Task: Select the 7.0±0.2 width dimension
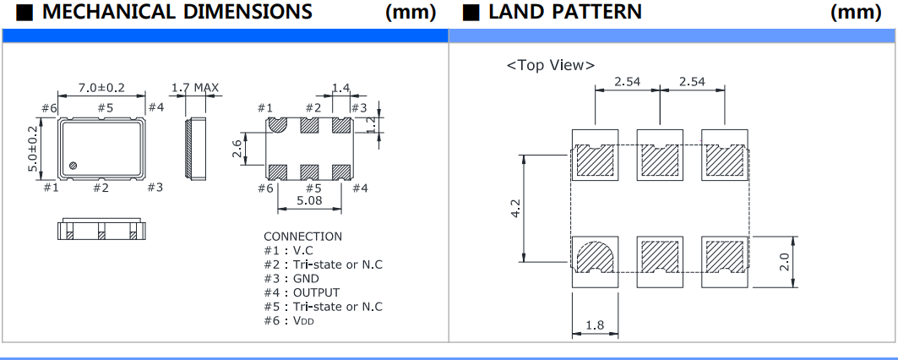click(x=101, y=88)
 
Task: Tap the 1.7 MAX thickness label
click(x=195, y=88)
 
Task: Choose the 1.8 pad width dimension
click(x=595, y=325)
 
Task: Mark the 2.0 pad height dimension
click(x=783, y=263)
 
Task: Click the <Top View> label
click(x=550, y=66)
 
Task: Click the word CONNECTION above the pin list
click(x=302, y=237)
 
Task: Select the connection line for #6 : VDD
click(x=288, y=320)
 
